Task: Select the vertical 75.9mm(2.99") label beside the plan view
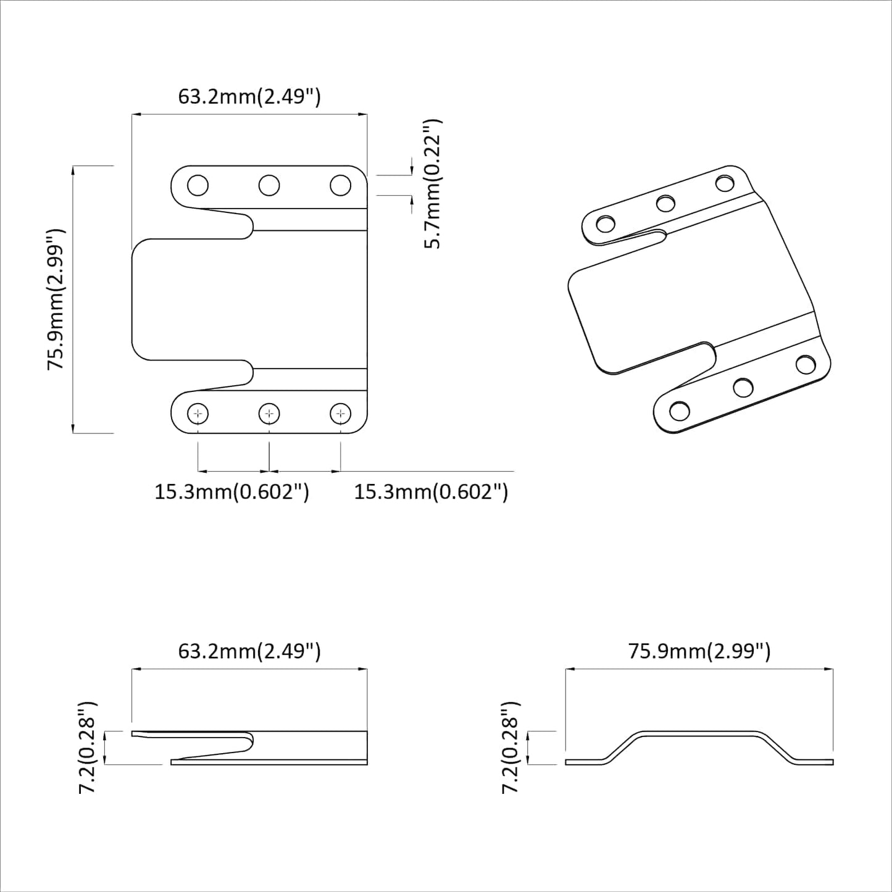pyautogui.click(x=57, y=299)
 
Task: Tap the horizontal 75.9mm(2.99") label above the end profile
pyautogui.click(x=699, y=651)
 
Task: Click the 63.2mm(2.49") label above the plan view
pyautogui.click(x=249, y=96)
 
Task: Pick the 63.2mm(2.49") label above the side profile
pyautogui.click(x=249, y=651)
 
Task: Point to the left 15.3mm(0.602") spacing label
pyautogui.click(x=231, y=492)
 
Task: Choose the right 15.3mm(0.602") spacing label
pyautogui.click(x=431, y=492)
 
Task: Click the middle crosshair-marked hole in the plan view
pyautogui.click(x=269, y=414)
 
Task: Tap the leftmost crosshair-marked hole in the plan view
pyautogui.click(x=198, y=414)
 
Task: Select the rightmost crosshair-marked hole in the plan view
pyautogui.click(x=340, y=414)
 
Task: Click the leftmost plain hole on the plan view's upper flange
pyautogui.click(x=198, y=185)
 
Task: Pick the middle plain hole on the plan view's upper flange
pyautogui.click(x=269, y=185)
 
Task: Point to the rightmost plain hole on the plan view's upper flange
pyautogui.click(x=340, y=185)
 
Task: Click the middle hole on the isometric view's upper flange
pyautogui.click(x=665, y=202)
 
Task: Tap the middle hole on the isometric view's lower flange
pyautogui.click(x=743, y=388)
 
